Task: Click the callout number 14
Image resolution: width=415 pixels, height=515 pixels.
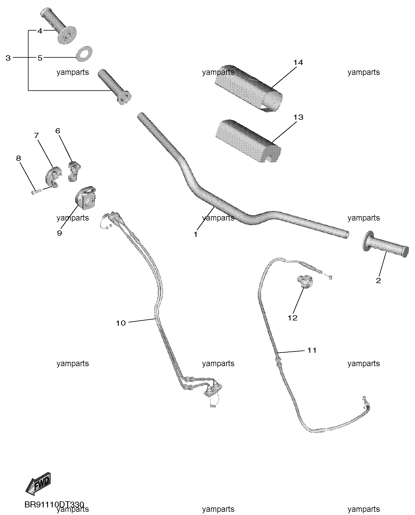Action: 298,63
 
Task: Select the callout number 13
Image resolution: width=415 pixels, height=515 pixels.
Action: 298,117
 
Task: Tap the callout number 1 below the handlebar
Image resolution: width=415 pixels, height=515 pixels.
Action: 196,234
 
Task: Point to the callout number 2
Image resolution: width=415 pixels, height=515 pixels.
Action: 378,281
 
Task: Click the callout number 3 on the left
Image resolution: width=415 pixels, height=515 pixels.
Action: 8,58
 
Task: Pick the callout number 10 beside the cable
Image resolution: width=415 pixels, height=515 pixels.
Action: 121,323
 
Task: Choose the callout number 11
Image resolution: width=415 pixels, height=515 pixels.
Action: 312,350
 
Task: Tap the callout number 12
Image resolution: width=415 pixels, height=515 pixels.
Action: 292,318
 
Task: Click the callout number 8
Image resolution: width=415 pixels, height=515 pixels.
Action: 18,158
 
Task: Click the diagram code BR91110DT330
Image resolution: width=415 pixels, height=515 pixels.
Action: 54,505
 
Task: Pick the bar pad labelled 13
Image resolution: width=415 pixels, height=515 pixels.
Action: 248,141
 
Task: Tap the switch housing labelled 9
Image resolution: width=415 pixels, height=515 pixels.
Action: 85,198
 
